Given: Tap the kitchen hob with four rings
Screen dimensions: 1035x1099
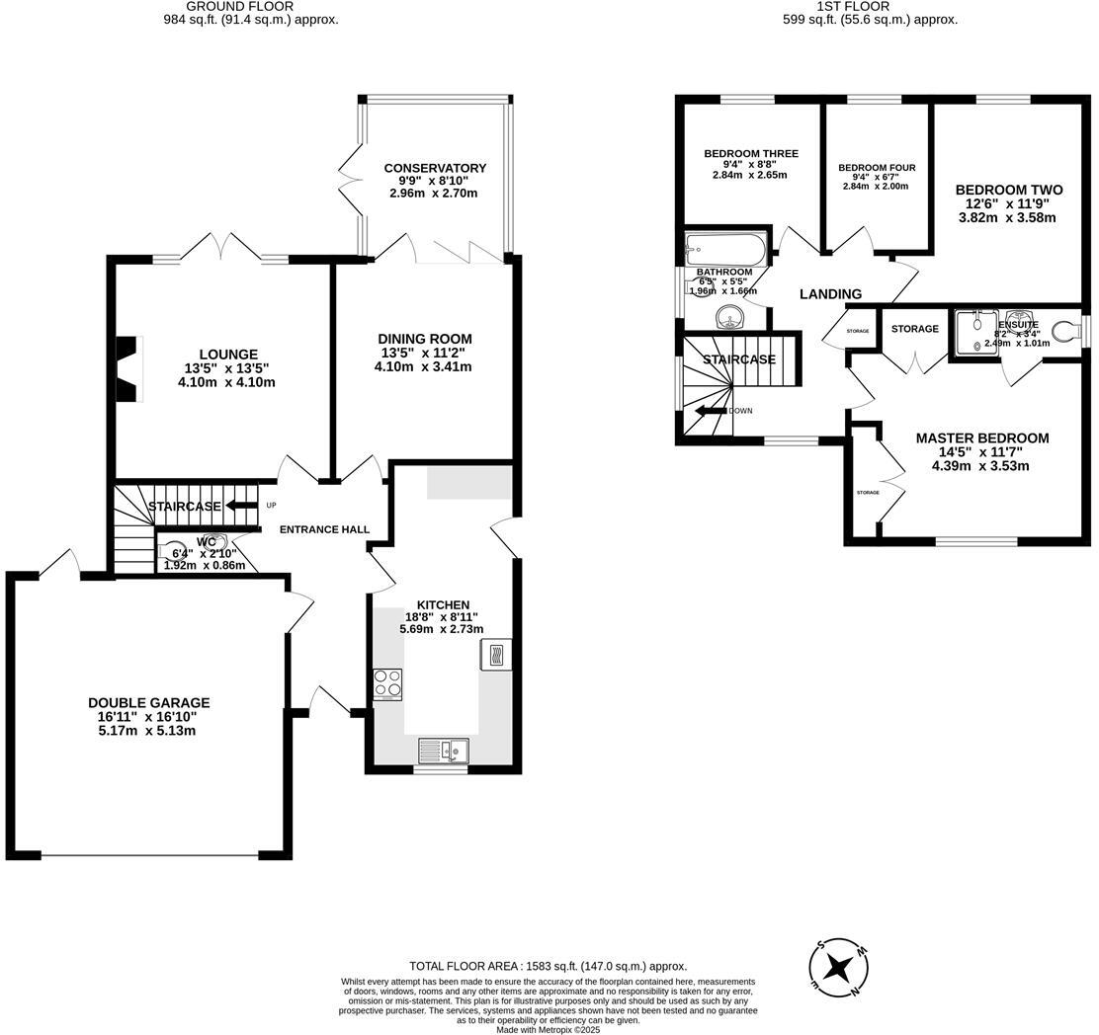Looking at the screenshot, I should [x=387, y=683].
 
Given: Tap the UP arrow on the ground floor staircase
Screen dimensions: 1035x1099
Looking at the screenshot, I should [x=237, y=506].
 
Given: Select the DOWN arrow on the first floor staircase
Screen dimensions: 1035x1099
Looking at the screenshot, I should [x=712, y=411].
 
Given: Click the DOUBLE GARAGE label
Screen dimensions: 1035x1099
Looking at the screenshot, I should [x=148, y=703].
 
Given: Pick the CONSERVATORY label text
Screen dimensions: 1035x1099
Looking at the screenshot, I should [x=435, y=168].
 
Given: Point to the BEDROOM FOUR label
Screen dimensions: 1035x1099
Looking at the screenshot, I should [x=877, y=168].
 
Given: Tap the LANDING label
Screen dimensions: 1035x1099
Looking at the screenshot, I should [x=830, y=294].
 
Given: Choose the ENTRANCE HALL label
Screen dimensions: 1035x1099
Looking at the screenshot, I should [x=324, y=529].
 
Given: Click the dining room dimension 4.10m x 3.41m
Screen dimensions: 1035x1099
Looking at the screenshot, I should [x=423, y=366].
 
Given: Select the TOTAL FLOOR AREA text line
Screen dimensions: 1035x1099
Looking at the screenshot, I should [x=548, y=966].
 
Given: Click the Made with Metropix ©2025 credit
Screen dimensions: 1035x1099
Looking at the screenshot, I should [x=548, y=1029].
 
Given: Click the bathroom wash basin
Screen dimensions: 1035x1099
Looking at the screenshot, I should [x=729, y=317].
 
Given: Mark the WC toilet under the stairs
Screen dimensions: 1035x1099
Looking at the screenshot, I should [x=215, y=541].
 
